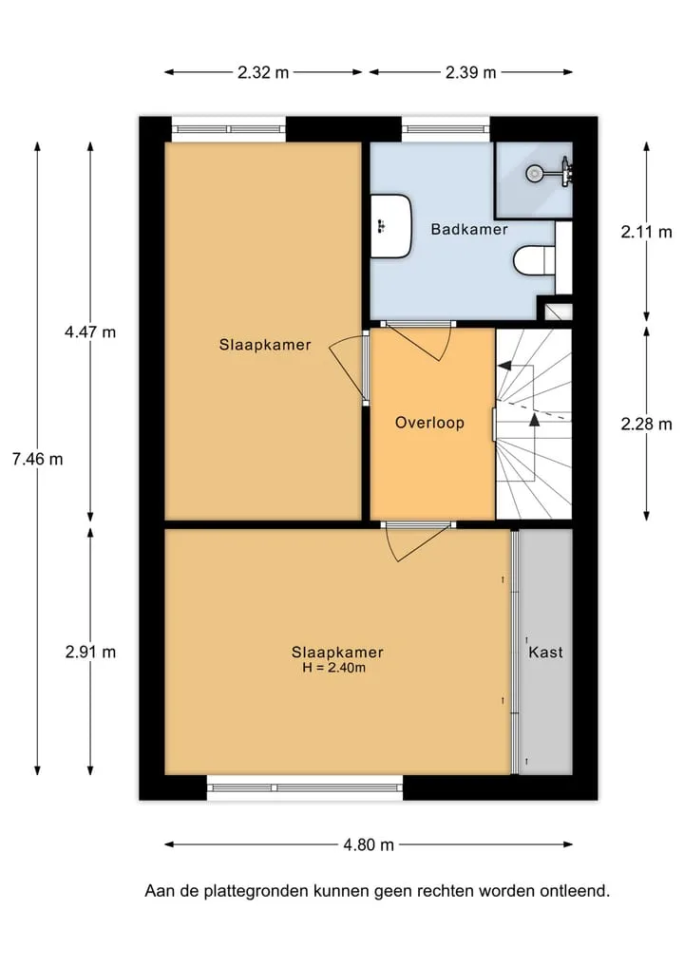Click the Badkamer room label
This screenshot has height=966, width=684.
(469, 229)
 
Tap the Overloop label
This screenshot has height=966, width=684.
(429, 423)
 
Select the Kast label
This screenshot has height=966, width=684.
(545, 652)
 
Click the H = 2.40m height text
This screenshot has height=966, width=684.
(334, 668)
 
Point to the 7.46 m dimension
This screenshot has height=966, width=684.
(38, 459)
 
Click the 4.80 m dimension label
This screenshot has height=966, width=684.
(369, 844)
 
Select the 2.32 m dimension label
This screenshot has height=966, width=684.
(263, 73)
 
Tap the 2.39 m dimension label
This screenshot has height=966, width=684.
(471, 73)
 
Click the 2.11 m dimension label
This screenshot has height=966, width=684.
(646, 233)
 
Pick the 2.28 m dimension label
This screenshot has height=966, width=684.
(646, 424)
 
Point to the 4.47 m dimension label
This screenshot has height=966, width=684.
(90, 332)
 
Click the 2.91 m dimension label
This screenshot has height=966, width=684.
(90, 652)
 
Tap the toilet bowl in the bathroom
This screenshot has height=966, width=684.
(534, 260)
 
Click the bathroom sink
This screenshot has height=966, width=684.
(391, 226)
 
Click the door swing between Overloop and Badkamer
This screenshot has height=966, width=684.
(419, 341)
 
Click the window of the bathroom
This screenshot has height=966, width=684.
(446, 129)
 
